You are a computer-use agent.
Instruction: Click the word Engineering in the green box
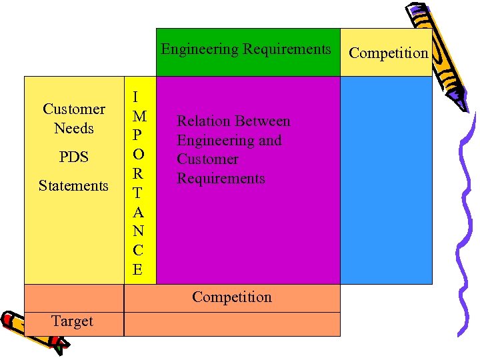coord(199,49)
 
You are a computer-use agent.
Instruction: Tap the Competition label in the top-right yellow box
coord(389,53)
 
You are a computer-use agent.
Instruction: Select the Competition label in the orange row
coord(231,297)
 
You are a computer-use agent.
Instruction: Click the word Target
coord(72,321)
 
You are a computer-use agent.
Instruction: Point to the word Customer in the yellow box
coord(74,109)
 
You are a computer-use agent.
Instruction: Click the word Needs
coord(74,128)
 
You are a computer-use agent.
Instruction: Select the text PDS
coord(73,157)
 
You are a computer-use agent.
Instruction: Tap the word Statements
coord(73,186)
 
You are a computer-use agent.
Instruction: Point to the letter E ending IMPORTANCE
coord(137,270)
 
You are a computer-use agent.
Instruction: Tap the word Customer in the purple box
coord(207,159)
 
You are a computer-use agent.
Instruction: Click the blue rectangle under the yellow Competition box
coord(386,180)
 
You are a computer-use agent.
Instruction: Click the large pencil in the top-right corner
coord(440,57)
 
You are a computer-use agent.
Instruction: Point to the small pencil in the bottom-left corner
coord(33,329)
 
